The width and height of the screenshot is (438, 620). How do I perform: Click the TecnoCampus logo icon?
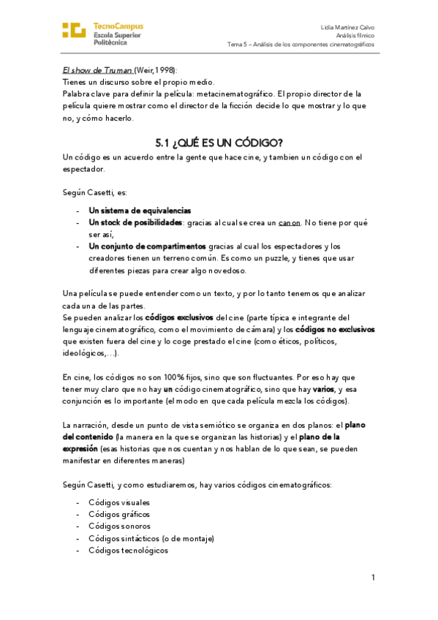tap(74, 31)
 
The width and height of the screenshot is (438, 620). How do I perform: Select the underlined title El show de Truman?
tap(97, 70)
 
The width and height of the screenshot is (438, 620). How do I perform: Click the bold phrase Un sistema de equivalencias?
tap(140, 210)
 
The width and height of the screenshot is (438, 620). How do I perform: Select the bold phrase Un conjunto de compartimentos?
tap(147, 246)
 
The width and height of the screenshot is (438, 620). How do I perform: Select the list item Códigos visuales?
tap(119, 502)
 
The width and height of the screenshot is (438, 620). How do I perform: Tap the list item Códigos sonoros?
tap(119, 526)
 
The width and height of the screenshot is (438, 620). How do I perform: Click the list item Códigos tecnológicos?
tap(128, 551)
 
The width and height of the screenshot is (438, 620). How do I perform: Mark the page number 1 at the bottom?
tap(373, 578)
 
